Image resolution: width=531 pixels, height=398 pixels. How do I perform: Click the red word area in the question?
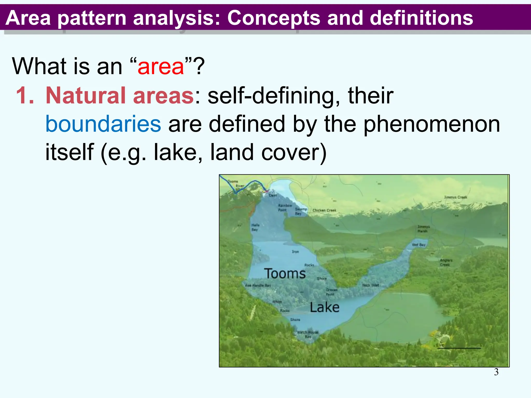point(161,67)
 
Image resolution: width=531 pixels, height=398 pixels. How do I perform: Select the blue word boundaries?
point(103,124)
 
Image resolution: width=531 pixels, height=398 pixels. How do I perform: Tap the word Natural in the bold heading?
point(87,95)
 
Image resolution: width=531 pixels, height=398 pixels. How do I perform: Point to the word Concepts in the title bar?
point(274,18)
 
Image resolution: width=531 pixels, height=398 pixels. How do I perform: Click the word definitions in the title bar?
point(421,18)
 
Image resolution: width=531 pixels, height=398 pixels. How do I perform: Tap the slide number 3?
point(496,372)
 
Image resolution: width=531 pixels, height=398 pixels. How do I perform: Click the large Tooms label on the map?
point(285,274)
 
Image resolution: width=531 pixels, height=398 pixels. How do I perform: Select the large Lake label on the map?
point(324,308)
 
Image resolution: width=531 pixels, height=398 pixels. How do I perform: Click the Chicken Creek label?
point(324,210)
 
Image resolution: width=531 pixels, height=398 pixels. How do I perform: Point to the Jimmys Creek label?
point(455,197)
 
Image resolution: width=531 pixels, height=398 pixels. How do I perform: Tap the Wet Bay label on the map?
point(418,245)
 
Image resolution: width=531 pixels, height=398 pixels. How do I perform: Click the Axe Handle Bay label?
point(258,285)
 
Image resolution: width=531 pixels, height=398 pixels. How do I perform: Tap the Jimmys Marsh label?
point(423,229)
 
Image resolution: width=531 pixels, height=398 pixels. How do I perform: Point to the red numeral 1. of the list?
point(25,95)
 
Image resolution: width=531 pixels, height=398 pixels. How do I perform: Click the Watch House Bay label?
point(308,334)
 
